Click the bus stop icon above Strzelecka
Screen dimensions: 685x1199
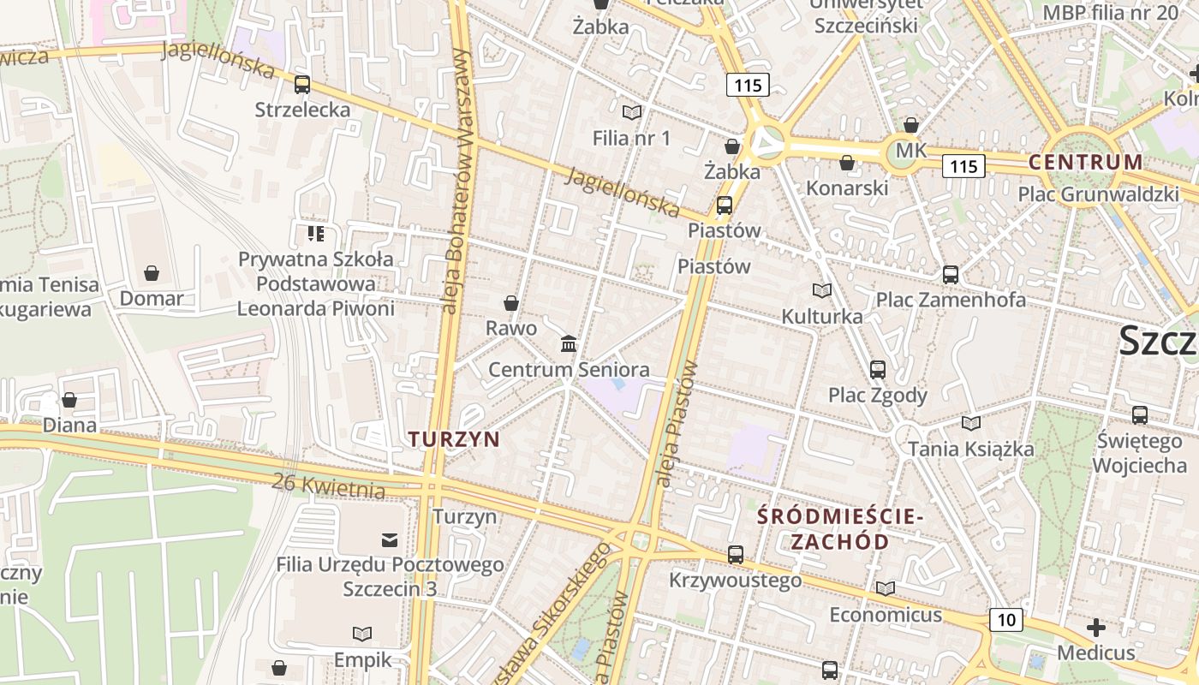(301, 85)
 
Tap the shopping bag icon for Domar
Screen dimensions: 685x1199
(152, 273)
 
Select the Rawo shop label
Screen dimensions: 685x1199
(511, 328)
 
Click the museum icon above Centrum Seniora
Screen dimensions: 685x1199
(568, 344)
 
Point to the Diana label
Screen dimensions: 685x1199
(69, 425)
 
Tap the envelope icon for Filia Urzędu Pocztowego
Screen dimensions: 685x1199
(390, 539)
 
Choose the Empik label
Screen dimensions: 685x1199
(362, 659)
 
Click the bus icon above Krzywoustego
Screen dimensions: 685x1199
(736, 555)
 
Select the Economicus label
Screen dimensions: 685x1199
(886, 615)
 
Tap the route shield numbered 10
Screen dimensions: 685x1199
(1006, 620)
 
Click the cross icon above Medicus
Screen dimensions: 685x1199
(1096, 628)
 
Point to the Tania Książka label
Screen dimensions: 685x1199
(971, 449)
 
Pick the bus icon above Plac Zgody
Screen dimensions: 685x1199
(878, 370)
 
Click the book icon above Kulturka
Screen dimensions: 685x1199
(822, 291)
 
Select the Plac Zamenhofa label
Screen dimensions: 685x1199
(951, 300)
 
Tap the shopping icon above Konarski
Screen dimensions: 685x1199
(847, 163)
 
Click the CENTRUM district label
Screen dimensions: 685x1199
(1085, 162)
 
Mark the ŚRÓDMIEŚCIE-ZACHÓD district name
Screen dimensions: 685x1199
(839, 529)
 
